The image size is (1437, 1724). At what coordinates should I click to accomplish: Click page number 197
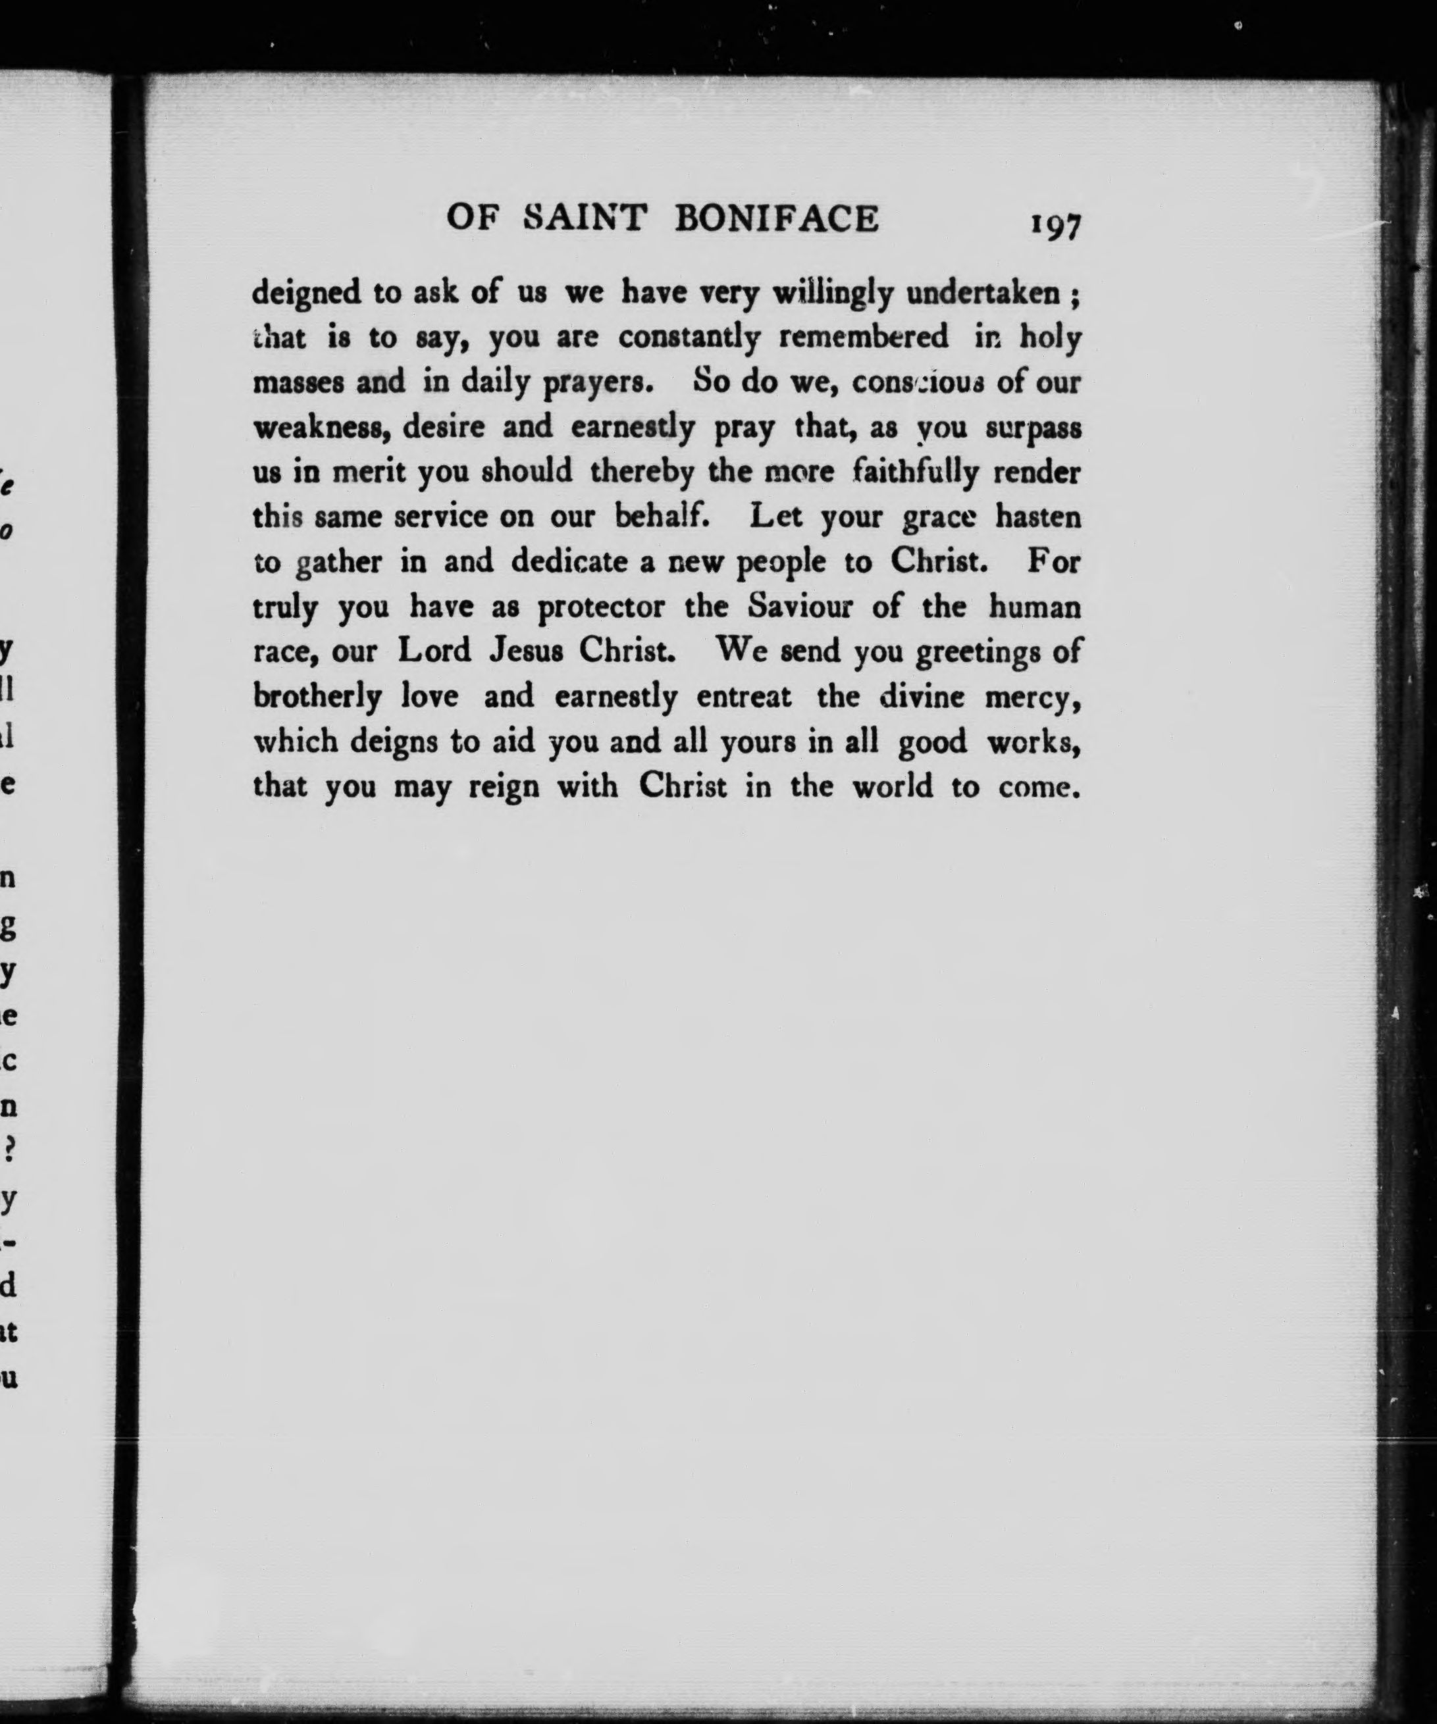[1057, 225]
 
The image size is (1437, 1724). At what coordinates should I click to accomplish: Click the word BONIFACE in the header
[777, 219]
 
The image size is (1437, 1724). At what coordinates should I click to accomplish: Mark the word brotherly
[318, 697]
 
